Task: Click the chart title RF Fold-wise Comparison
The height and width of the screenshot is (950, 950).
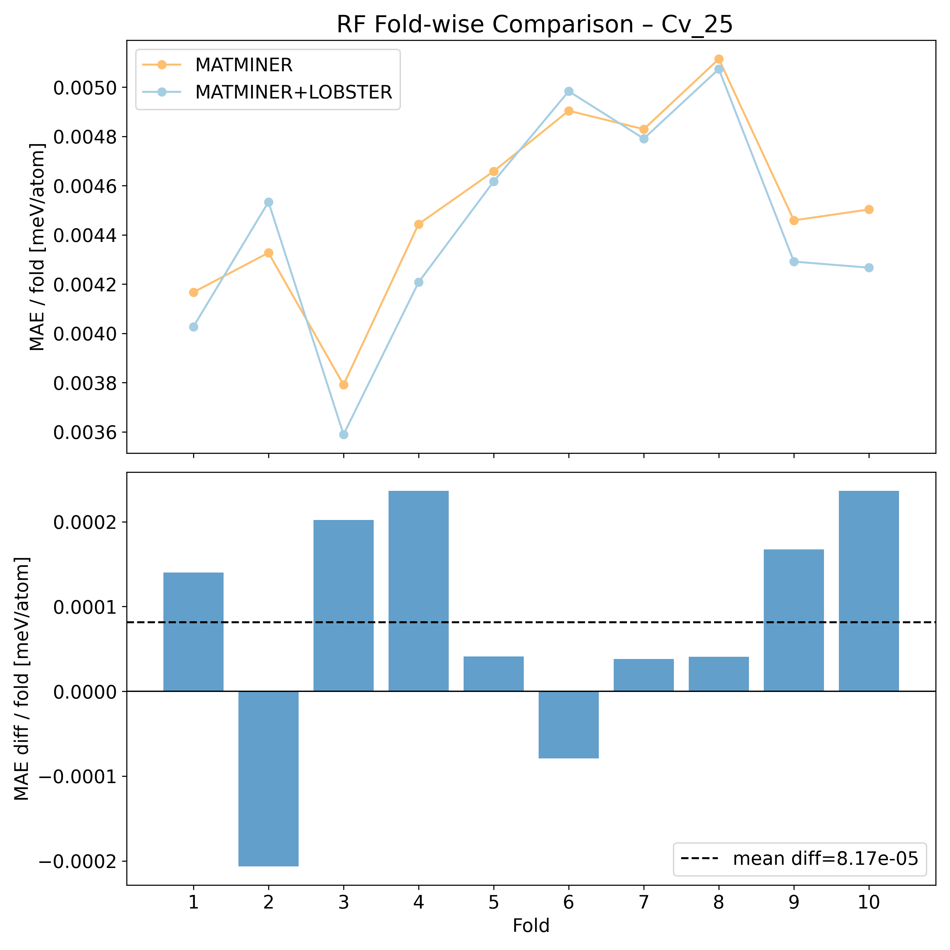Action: (x=535, y=25)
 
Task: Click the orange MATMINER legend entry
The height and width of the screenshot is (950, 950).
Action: (x=244, y=64)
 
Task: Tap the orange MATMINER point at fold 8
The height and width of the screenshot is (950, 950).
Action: (x=719, y=59)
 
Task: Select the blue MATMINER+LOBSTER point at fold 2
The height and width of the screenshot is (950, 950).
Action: (x=269, y=202)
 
